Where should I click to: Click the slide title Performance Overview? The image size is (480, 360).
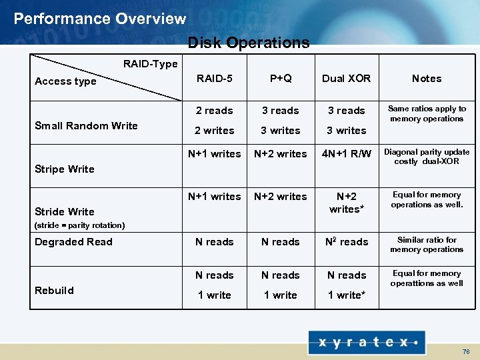pyautogui.click(x=100, y=19)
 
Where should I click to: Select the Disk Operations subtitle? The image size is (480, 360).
pyautogui.click(x=249, y=43)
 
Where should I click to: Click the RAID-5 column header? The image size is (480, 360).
pyautogui.click(x=215, y=78)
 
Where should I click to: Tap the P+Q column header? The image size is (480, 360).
pyautogui.click(x=281, y=78)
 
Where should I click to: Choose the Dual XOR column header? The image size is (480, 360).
pyautogui.click(x=346, y=78)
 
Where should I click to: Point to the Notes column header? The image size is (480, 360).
pyautogui.click(x=427, y=78)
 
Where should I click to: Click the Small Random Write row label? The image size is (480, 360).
pyautogui.click(x=86, y=125)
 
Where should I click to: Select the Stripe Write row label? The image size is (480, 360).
pyautogui.click(x=64, y=169)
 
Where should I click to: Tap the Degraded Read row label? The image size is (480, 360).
pyautogui.click(x=73, y=241)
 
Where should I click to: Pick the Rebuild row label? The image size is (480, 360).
pyautogui.click(x=54, y=290)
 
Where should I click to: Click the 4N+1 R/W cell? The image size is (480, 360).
pyautogui.click(x=346, y=153)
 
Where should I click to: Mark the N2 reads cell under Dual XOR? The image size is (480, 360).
pyautogui.click(x=346, y=241)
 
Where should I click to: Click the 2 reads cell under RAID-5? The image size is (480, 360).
pyautogui.click(x=215, y=111)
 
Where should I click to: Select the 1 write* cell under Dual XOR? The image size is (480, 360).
pyautogui.click(x=346, y=295)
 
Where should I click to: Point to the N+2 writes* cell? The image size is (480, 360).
pyautogui.click(x=346, y=202)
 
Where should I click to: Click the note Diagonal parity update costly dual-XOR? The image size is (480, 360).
pyautogui.click(x=427, y=157)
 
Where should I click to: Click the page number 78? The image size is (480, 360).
pyautogui.click(x=465, y=351)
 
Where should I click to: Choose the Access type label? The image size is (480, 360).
pyautogui.click(x=65, y=81)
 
